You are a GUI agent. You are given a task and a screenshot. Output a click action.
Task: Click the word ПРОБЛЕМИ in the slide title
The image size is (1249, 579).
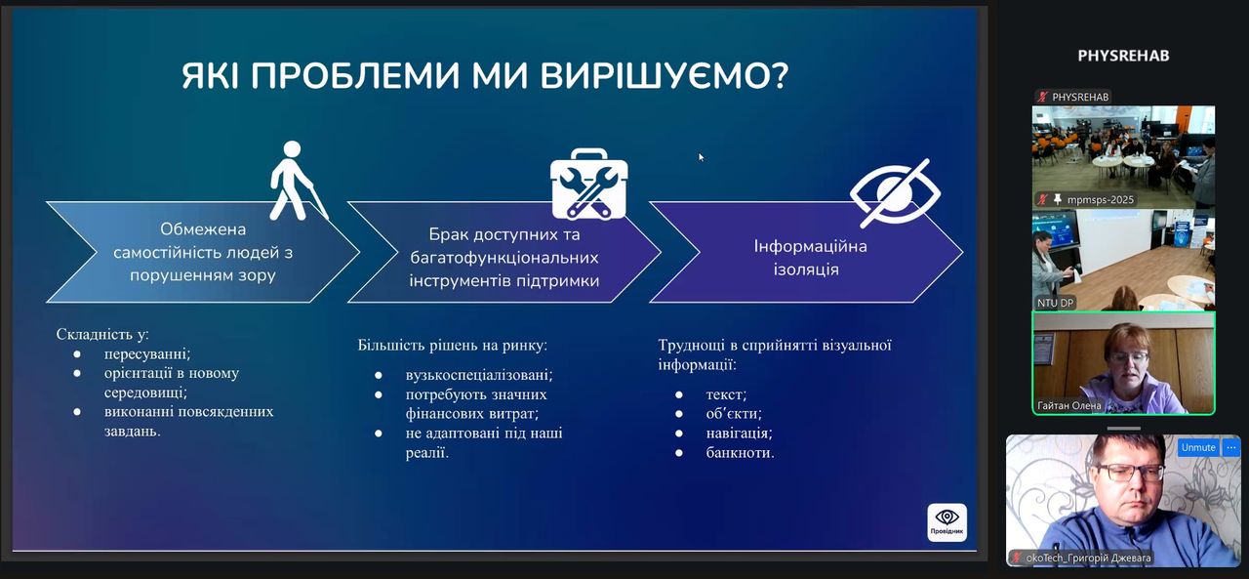[x=357, y=76]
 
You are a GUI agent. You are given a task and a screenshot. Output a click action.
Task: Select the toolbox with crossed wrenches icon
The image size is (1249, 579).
[x=588, y=185]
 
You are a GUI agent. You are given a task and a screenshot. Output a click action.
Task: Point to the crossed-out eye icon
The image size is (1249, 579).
[x=895, y=193]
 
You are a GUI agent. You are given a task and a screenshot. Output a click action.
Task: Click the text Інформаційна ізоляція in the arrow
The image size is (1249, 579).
[x=810, y=257]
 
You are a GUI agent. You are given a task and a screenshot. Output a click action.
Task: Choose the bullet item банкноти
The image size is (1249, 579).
[x=740, y=452]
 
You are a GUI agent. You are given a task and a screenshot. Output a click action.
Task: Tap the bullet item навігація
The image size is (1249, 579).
[x=739, y=433]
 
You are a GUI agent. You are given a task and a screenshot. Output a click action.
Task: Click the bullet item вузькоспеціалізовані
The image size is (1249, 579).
[x=479, y=374]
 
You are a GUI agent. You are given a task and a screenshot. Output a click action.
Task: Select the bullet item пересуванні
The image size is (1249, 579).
[x=147, y=353]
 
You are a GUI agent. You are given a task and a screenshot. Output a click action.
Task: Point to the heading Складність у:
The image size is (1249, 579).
[x=102, y=334]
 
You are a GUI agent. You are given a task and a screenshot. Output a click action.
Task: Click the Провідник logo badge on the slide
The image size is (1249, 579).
[x=947, y=522]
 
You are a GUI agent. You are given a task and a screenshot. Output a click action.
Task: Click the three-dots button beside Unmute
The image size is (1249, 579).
[x=1231, y=447]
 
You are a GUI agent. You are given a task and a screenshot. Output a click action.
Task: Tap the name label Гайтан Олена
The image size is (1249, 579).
[x=1068, y=405]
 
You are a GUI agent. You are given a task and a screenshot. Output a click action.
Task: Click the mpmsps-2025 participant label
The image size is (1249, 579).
[x=1100, y=200]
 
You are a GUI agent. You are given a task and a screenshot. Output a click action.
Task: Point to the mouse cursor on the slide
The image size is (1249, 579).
[x=701, y=157]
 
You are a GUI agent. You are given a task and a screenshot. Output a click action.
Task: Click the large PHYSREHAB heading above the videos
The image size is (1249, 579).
[x=1123, y=56]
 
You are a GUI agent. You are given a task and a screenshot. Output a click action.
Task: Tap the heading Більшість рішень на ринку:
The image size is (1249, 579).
[x=452, y=346]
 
